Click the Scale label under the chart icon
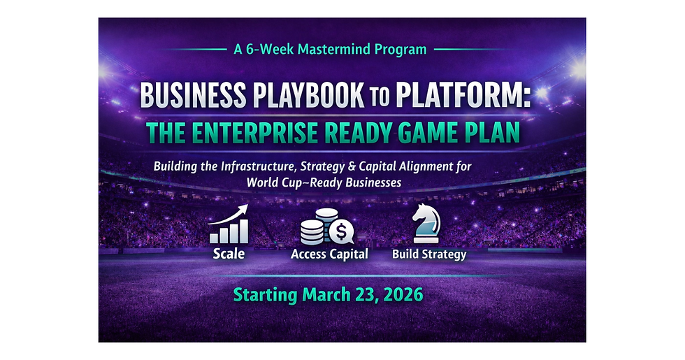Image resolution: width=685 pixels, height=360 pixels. [229, 253]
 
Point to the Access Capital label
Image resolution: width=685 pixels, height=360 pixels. [329, 254]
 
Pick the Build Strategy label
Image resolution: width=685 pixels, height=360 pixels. [428, 254]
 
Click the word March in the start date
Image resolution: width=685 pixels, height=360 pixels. [327, 294]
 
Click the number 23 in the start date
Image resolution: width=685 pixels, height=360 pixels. [363, 294]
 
